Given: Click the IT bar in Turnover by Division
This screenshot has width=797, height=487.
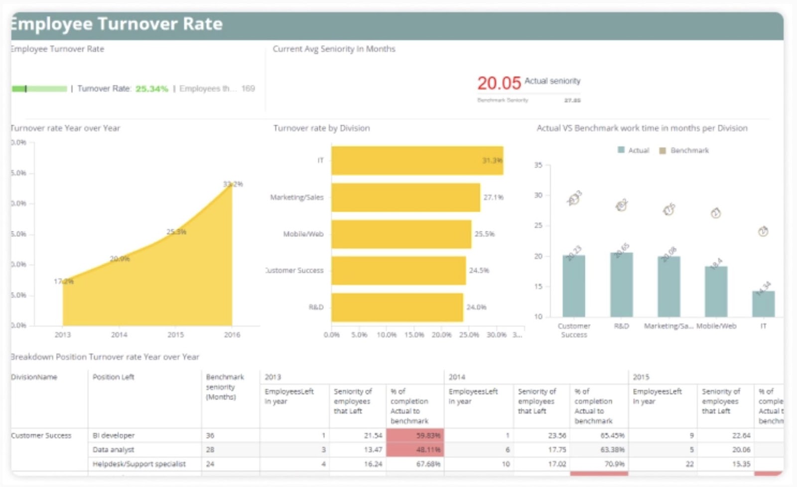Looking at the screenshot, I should (417, 161).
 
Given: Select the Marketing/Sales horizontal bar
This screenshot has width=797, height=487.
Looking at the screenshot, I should (405, 197).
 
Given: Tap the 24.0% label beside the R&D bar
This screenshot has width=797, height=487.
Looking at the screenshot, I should (476, 307).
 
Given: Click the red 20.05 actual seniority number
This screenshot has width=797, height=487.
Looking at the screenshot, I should (499, 83).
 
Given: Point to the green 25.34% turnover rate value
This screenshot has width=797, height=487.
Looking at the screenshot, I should (151, 89).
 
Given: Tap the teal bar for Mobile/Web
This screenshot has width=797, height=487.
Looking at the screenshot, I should (716, 292).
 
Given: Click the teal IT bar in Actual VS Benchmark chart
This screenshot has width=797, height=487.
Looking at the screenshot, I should (763, 304).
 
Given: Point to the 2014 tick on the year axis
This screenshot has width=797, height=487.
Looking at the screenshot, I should (119, 335).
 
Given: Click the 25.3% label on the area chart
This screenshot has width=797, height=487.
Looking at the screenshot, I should (176, 232).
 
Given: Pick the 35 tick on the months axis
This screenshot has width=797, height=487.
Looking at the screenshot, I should (538, 165).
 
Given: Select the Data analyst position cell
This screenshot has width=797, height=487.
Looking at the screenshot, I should (114, 450).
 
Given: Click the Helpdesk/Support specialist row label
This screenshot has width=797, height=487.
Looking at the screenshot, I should (139, 464).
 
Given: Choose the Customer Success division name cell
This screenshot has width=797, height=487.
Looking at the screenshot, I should (41, 435).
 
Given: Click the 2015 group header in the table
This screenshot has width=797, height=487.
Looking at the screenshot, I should (641, 377).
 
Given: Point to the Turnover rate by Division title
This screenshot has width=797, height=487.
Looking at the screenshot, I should (321, 128).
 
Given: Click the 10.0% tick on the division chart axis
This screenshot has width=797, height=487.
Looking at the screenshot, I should (387, 335).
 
